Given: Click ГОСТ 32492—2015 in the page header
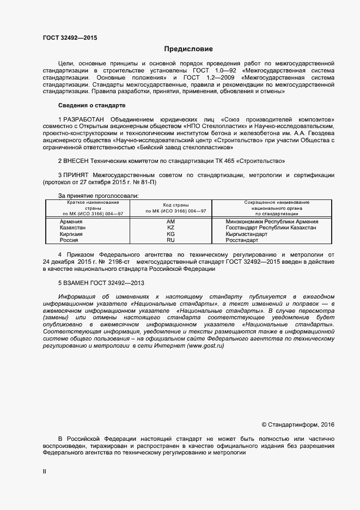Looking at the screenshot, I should (70, 38).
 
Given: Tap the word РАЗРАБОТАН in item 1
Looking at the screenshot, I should (84, 119).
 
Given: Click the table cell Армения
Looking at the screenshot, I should (71, 222).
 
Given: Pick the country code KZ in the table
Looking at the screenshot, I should (170, 228).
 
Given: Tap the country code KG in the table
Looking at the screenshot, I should (170, 234).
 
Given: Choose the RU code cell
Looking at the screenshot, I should (170, 240).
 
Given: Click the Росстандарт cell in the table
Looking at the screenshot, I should (243, 240).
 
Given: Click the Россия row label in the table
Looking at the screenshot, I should (69, 240).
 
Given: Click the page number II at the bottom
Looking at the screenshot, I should (45, 472).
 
